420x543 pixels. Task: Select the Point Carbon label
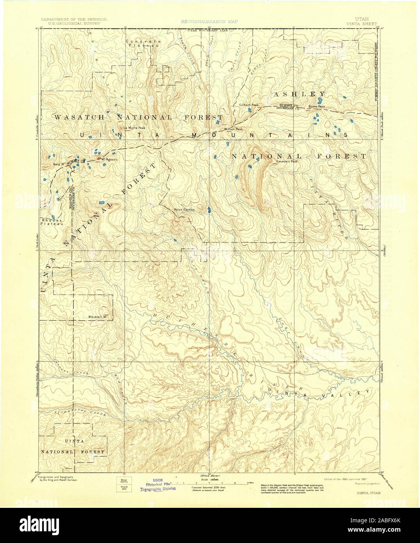coord(184,210)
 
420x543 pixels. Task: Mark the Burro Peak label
coord(316,106)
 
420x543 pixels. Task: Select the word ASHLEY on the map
coord(299,94)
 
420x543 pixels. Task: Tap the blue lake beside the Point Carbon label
coord(209,211)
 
